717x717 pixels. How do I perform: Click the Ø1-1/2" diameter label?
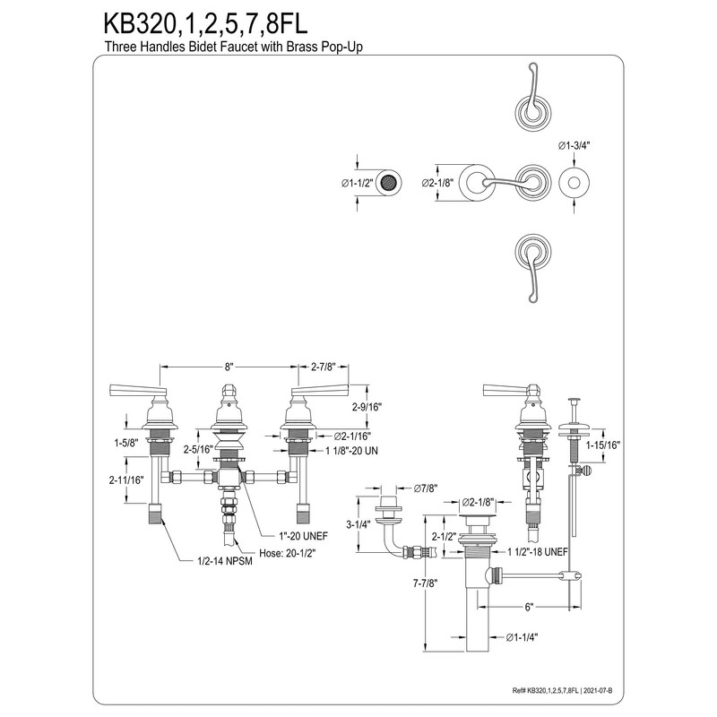(358, 184)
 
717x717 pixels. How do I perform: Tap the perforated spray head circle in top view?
(389, 183)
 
